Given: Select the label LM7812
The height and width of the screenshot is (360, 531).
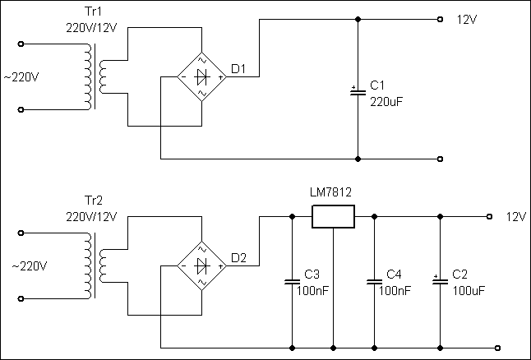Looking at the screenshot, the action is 331,192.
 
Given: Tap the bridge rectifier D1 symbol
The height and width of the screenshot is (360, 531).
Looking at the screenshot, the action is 202,77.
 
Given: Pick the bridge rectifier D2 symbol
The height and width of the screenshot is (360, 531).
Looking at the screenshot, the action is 202,265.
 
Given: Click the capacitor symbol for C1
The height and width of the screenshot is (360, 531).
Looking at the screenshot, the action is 358,91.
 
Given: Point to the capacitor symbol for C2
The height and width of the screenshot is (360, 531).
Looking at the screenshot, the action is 440,281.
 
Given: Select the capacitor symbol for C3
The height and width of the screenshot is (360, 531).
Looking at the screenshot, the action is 293,282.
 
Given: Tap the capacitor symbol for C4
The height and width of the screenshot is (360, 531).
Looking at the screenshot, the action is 374,282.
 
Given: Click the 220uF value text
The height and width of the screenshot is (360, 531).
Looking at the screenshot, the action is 386,102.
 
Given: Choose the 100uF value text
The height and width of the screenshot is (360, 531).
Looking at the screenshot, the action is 469,291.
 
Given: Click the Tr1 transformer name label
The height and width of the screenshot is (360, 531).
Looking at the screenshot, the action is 93,12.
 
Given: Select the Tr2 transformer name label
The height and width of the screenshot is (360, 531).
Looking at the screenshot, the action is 93,201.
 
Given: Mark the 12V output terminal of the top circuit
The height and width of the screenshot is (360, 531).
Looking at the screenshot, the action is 440,19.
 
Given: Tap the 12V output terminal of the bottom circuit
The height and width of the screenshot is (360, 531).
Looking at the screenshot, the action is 489,216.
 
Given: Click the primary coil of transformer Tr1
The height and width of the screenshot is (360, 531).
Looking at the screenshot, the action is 88,77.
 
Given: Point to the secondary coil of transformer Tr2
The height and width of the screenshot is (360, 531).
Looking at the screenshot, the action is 103,265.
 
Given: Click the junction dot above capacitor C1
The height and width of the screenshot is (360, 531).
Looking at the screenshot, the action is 358,19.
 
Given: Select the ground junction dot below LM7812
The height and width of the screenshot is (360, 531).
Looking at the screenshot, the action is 333,348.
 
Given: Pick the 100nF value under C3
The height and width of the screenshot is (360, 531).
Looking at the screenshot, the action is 312,291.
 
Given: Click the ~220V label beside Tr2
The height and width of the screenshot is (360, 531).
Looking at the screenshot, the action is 30,266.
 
